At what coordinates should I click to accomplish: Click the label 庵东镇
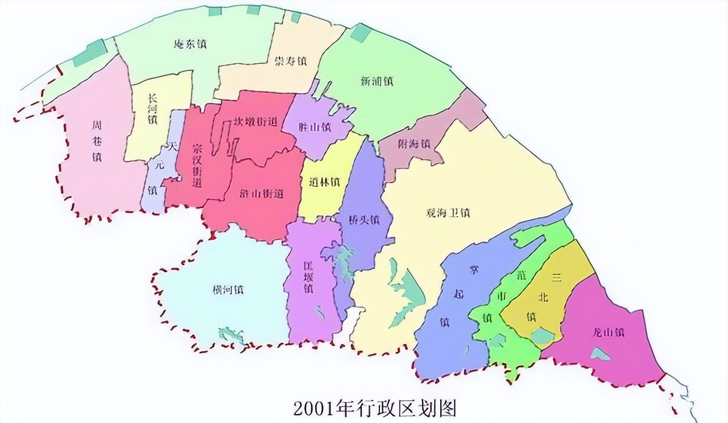tap(189, 44)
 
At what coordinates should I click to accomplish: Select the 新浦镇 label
tap(377, 81)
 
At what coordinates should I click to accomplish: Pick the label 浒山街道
tap(262, 194)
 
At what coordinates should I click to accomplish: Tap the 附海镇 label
tap(413, 144)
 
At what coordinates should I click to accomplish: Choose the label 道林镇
tap(325, 183)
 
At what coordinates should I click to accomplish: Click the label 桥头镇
tap(365, 219)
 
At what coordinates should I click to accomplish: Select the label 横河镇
tap(228, 289)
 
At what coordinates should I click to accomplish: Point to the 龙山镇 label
tap(608, 332)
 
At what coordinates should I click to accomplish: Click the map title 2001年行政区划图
tap(375, 407)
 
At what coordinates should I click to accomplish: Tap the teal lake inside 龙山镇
tap(599, 354)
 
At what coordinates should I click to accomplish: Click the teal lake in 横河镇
tap(230, 335)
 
